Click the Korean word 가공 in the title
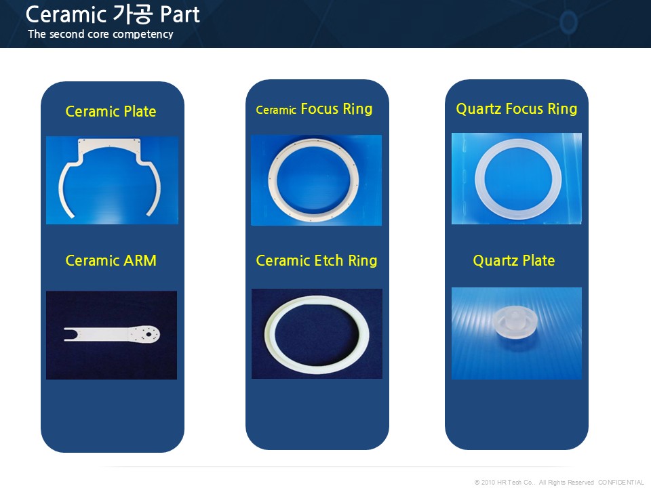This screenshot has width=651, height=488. [x=133, y=14]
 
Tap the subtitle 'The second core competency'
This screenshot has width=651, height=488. [x=100, y=34]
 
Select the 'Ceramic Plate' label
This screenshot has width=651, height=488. [x=111, y=111]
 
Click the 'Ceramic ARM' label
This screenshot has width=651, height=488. [x=111, y=260]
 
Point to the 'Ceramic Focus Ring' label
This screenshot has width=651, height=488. [x=314, y=109]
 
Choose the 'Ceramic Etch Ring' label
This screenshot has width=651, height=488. [x=317, y=260]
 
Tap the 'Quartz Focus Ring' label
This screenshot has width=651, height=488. [x=517, y=108]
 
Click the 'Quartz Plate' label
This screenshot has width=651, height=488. [x=514, y=260]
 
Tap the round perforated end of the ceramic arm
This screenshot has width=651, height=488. [x=146, y=334]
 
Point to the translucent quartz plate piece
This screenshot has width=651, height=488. [x=515, y=323]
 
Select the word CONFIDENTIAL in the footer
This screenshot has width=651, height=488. [x=621, y=482]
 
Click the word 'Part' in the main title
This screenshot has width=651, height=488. [x=180, y=14]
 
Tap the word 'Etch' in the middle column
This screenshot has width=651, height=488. [x=329, y=260]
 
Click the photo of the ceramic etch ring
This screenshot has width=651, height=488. [x=317, y=333]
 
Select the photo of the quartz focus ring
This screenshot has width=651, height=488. [x=517, y=178]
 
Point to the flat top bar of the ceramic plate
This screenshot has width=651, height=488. [x=109, y=143]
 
